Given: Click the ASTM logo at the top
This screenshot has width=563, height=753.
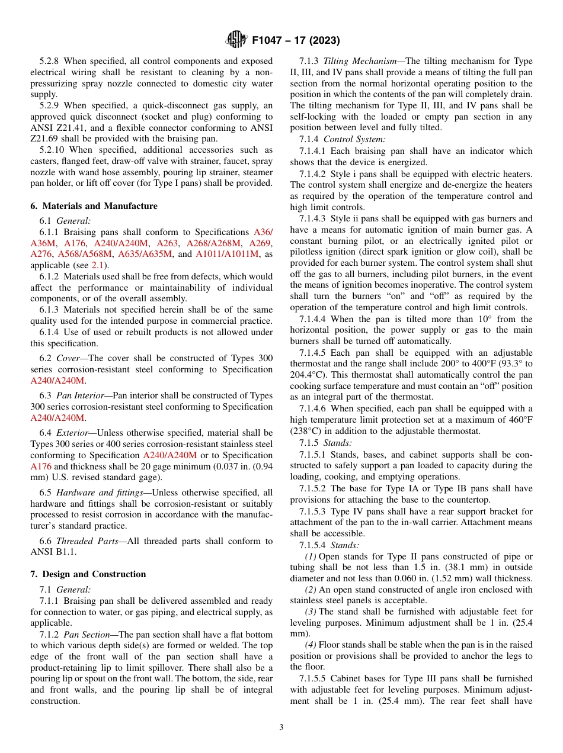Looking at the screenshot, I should pyautogui.click(x=237, y=40).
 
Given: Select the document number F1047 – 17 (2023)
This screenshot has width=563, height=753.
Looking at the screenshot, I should pyautogui.click(x=296, y=41).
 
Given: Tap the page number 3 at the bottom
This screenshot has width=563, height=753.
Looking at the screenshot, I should pyautogui.click(x=281, y=728).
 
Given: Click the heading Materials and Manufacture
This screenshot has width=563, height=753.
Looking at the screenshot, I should pyautogui.click(x=94, y=206).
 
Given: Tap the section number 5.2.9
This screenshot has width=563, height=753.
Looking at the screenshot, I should pyautogui.click(x=51, y=105).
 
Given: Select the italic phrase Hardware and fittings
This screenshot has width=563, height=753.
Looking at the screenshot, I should pyautogui.click(x=100, y=493).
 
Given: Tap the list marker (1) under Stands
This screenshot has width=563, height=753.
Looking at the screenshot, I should pyautogui.click(x=311, y=556).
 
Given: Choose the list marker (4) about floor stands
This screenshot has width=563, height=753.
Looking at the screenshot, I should pyautogui.click(x=311, y=645).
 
